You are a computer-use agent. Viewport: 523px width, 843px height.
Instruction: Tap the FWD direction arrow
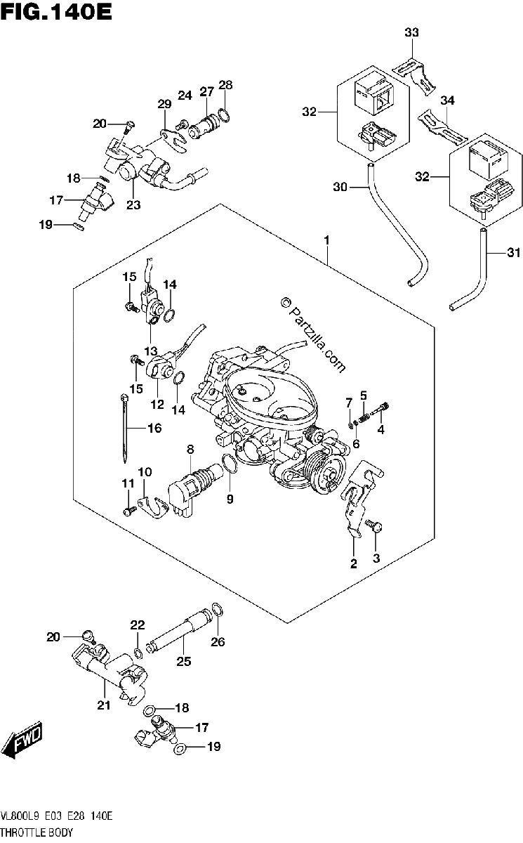(x=26, y=739)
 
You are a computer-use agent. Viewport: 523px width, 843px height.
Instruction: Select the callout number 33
(x=411, y=33)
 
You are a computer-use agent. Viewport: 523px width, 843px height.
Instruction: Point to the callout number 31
(x=514, y=253)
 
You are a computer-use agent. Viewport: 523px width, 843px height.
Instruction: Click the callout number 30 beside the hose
(x=340, y=187)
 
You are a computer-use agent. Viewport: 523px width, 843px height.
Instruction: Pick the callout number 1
(x=326, y=240)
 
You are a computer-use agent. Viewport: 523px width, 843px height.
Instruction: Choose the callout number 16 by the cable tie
(x=154, y=428)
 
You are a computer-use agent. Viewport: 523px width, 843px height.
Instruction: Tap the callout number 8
(x=190, y=450)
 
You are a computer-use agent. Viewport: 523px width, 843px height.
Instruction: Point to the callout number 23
(x=133, y=204)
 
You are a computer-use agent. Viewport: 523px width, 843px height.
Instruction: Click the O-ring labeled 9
(x=230, y=463)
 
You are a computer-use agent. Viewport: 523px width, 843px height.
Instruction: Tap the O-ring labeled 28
(x=223, y=115)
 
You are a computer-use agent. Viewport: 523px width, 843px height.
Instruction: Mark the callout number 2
(x=353, y=563)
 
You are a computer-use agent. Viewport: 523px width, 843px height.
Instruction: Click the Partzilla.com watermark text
(x=313, y=334)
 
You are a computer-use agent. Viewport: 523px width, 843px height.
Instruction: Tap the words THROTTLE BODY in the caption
(x=37, y=832)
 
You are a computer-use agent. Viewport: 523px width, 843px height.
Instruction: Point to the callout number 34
(x=447, y=100)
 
